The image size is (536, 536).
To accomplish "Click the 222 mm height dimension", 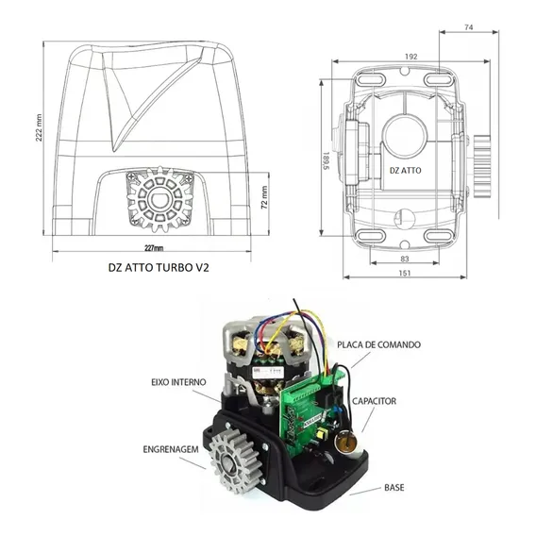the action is (x=39, y=127).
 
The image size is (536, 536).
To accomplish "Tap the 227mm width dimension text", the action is (x=153, y=248).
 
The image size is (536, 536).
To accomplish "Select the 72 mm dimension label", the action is (x=264, y=197).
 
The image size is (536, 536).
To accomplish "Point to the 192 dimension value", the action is (x=410, y=57).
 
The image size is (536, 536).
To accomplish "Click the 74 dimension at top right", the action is (x=469, y=27).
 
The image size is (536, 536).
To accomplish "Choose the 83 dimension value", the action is (x=405, y=259).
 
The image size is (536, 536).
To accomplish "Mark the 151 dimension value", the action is (x=405, y=273).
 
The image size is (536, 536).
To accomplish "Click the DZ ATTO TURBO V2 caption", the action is (x=159, y=267).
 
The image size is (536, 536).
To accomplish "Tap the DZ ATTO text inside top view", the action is (x=406, y=170).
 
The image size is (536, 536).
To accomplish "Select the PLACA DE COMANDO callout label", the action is (x=378, y=344).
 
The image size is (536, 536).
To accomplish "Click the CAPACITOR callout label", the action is (x=374, y=401).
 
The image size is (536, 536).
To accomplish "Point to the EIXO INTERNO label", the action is (x=178, y=382).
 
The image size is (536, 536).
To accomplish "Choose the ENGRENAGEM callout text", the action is (x=171, y=449).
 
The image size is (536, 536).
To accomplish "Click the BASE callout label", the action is (x=394, y=487).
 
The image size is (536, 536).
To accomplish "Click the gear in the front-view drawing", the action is (x=159, y=199).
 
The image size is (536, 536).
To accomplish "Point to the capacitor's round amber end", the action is (x=346, y=443).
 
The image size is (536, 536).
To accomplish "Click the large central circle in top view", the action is (x=406, y=134).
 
